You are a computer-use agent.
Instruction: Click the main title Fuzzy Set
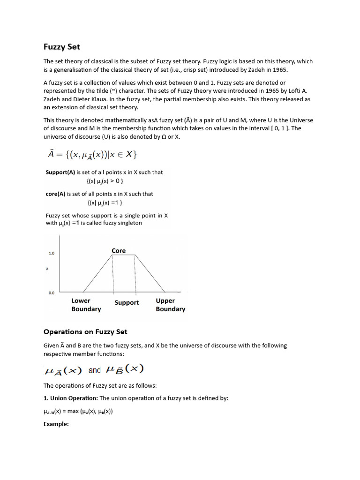62,46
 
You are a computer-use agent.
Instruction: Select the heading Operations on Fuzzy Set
85,332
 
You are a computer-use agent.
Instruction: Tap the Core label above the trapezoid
119,251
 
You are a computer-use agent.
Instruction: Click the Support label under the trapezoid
127,303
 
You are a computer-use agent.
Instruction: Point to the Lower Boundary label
86,305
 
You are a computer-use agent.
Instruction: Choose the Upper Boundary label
170,305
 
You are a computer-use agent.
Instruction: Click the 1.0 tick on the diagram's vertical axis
52,254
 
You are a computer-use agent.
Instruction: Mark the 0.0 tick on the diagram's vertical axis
52,293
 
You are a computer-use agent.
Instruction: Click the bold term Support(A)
60,172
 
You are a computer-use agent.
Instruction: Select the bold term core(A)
56,194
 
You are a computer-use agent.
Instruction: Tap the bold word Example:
56,424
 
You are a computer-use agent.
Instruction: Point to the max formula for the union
78,412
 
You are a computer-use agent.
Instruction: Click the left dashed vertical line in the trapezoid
113,274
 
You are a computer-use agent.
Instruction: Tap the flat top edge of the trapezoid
124,255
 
